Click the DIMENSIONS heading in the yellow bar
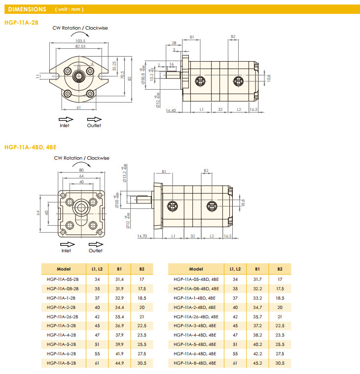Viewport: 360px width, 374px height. [x=27, y=9]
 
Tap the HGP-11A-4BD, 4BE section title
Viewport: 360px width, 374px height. [x=30, y=147]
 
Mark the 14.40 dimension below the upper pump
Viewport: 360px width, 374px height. [x=171, y=111]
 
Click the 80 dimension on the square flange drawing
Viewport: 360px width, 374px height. [x=81, y=170]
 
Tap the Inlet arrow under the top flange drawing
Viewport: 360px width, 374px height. [x=65, y=119]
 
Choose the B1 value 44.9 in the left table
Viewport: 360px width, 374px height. [x=119, y=363]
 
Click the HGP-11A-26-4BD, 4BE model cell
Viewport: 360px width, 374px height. [x=195, y=316]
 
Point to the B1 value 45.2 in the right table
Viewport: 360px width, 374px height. [x=257, y=363]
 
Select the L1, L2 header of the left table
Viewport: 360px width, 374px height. [x=97, y=269]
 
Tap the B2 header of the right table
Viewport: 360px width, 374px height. [x=280, y=269]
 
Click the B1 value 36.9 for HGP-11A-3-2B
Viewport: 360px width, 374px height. [x=119, y=326]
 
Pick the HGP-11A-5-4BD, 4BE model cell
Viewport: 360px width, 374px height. [x=195, y=344]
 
